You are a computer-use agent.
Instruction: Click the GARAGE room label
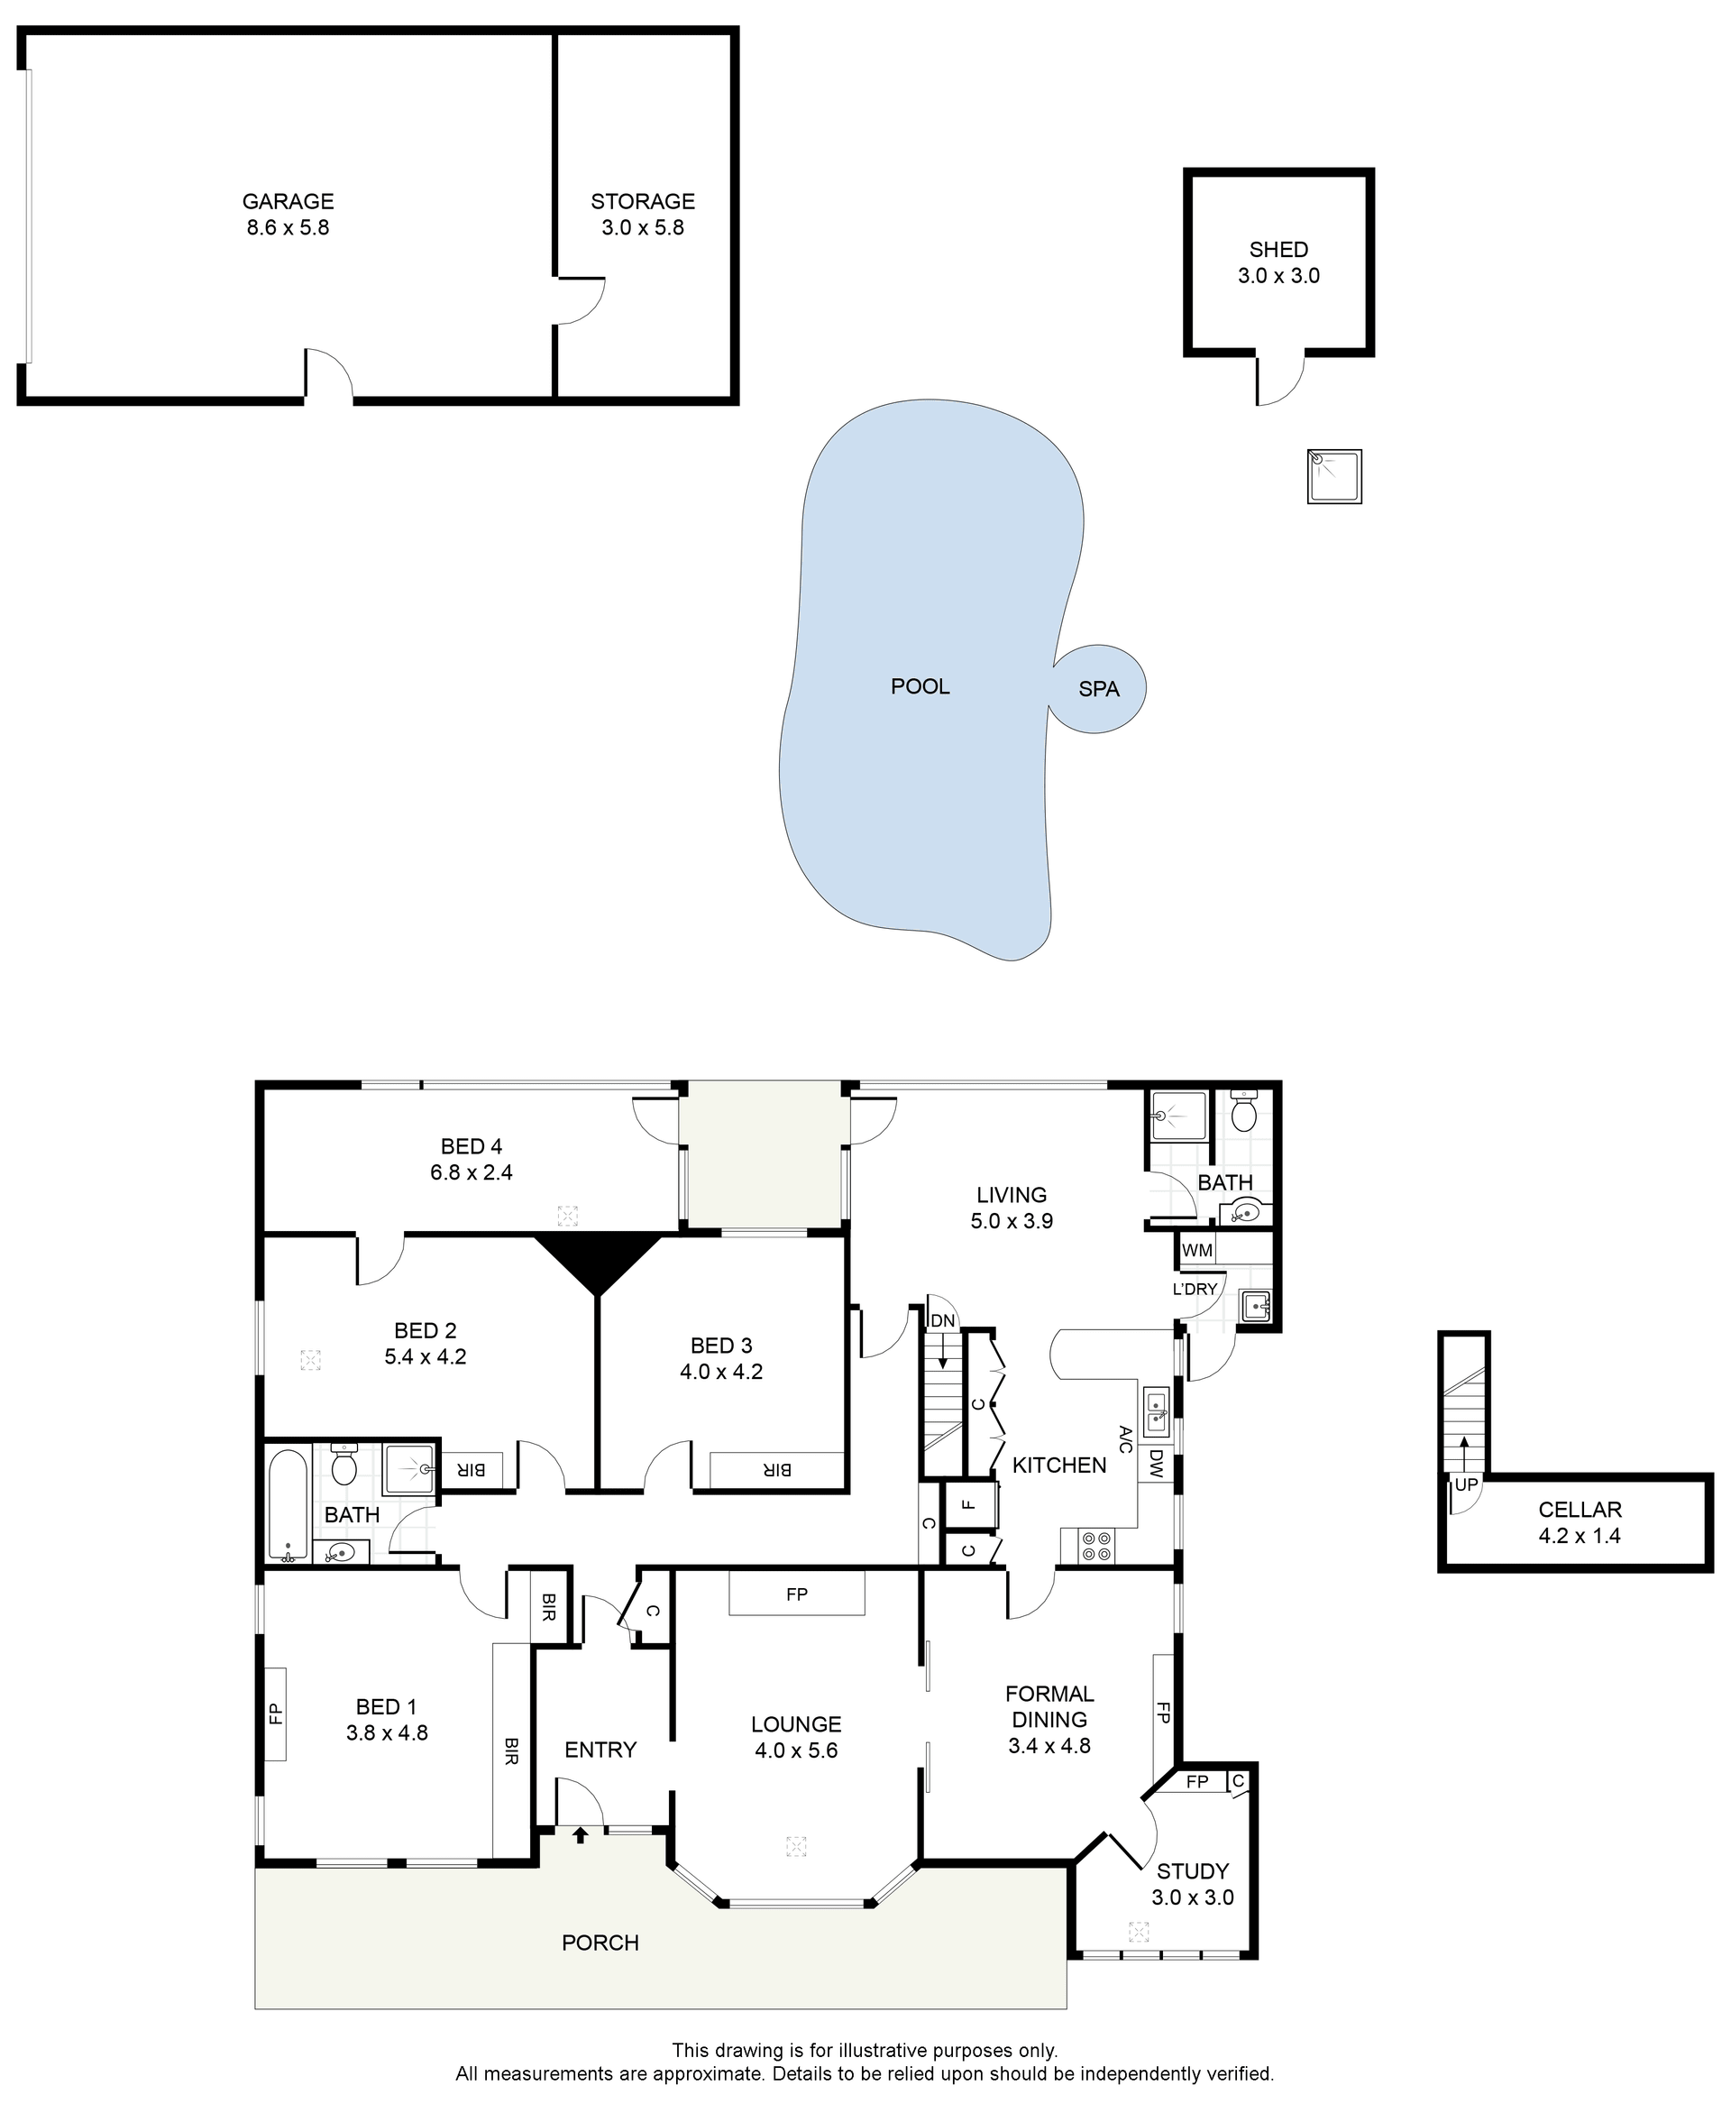[x=288, y=201]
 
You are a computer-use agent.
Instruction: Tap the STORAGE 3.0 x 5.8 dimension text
[x=642, y=228]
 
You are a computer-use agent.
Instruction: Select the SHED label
[x=1278, y=249]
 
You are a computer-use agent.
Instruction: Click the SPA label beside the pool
[x=1099, y=689]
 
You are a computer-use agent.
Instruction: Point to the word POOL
[x=920, y=686]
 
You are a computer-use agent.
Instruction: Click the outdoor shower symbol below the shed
[x=1334, y=477]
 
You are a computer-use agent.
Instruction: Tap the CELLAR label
[x=1580, y=1510]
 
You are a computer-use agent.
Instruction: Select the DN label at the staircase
[x=942, y=1321]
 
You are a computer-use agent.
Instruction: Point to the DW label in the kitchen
[x=1156, y=1464]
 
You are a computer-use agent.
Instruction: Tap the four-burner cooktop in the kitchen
[x=1097, y=1547]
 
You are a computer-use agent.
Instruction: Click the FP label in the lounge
[x=797, y=1594]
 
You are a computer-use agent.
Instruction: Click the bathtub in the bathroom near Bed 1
[x=289, y=1503]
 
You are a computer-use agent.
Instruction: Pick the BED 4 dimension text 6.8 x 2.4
[x=471, y=1172]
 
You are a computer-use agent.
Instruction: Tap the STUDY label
[x=1193, y=1871]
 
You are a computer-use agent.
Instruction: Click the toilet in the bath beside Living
[x=1243, y=1111]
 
